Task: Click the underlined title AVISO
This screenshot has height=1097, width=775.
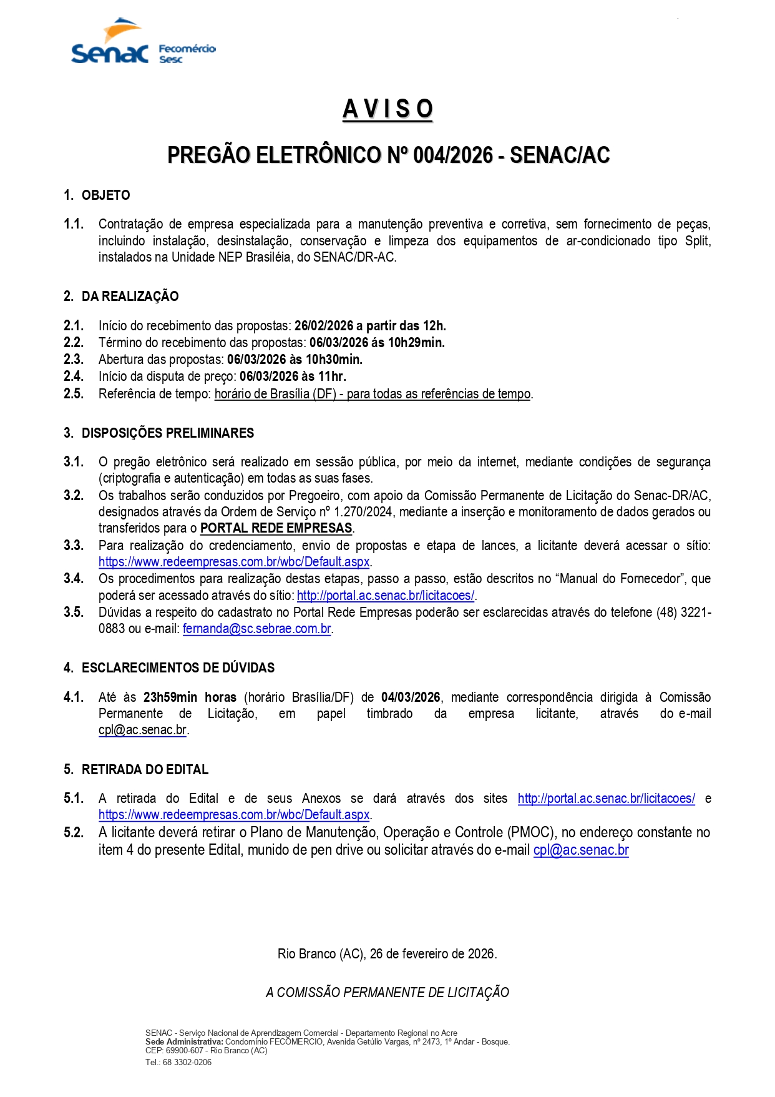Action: [x=387, y=109]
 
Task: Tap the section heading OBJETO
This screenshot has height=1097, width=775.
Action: [x=105, y=195]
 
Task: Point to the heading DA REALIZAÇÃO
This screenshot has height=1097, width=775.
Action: [x=130, y=297]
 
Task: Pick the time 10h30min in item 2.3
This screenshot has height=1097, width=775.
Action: [x=333, y=360]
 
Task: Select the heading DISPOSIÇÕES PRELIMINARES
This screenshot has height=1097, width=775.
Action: [x=168, y=433]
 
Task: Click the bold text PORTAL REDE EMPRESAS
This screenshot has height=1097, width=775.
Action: [x=276, y=528]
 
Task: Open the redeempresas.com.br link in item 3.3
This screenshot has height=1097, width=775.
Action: [x=234, y=562]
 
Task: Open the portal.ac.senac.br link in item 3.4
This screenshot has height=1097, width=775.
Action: [x=386, y=596]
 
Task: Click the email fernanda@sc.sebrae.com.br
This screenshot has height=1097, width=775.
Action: [x=256, y=629]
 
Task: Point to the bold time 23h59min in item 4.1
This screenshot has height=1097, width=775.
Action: [x=170, y=697]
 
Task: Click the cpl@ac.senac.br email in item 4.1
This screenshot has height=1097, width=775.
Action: [x=142, y=730]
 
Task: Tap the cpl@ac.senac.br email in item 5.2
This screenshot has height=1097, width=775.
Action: [x=581, y=850]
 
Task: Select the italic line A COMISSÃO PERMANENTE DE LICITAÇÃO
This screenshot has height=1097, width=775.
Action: [x=387, y=993]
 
